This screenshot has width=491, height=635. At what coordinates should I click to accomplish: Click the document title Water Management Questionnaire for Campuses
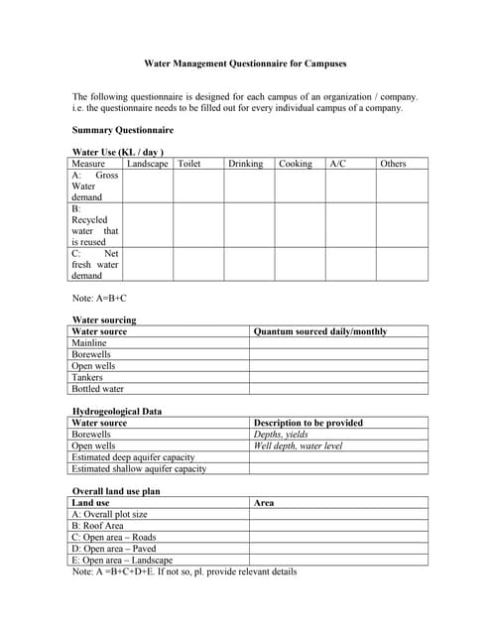pos(246,63)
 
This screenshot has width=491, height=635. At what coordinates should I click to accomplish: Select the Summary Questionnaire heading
pos(123,130)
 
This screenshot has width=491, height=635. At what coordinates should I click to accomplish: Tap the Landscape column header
pos(147,164)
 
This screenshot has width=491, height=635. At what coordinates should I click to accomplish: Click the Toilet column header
pos(188,164)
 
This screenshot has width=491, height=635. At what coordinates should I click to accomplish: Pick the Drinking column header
pos(245,164)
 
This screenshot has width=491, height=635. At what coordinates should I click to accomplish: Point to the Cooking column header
pos(296,164)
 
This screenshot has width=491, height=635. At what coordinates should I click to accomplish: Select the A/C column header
pos(337,164)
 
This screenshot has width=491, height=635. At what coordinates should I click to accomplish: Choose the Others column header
pos(393,164)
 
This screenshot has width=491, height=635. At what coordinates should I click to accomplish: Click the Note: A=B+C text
pos(99,298)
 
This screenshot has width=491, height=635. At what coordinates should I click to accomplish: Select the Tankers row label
pos(87,378)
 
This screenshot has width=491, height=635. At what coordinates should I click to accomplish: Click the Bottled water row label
pos(97,389)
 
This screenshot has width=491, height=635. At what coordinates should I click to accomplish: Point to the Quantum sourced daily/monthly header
pos(320,331)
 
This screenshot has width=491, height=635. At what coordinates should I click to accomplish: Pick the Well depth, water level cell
pos(298,446)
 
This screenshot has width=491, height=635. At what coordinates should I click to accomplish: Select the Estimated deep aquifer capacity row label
pos(133,457)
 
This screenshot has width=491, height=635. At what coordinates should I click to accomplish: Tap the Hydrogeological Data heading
pos(117,411)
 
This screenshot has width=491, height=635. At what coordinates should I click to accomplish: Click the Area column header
pos(264,503)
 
